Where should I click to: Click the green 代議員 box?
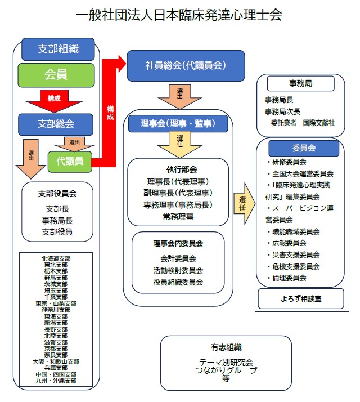[70, 161]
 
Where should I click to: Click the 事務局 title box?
[300, 83]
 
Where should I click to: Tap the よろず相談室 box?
[301, 298]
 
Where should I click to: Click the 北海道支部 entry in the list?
[56, 258]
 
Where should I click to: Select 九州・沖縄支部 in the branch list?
[56, 381]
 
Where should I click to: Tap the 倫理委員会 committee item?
[290, 277]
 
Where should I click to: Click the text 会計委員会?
[178, 258]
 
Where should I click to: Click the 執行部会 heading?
[178, 169]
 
